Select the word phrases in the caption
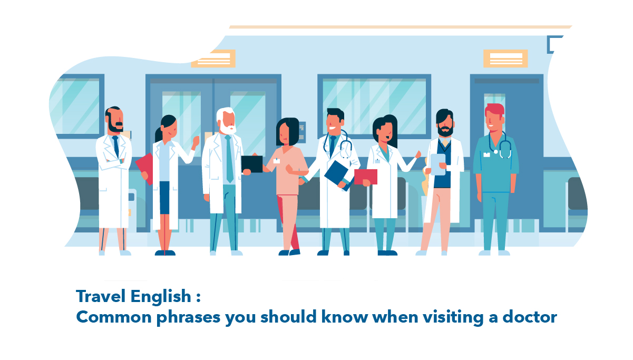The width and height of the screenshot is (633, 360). coord(188,318)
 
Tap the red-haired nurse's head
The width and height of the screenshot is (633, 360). coord(495,117)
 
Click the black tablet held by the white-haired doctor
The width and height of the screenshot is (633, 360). coord(252,164)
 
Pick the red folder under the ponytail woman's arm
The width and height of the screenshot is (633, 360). coord(145,168)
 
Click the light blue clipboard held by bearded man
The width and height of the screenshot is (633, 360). coord(438,164)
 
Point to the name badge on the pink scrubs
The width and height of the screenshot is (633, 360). coord(277,161)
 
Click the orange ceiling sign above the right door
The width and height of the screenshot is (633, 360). coord(505,59)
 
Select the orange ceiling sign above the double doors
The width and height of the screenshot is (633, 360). coord(213,59)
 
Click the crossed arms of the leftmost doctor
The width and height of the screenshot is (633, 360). coord(113,163)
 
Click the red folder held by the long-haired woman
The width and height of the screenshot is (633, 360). coord(366,177)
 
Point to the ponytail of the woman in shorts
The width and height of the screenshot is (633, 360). coord(159,135)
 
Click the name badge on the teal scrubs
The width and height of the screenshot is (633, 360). coord(486,155)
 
